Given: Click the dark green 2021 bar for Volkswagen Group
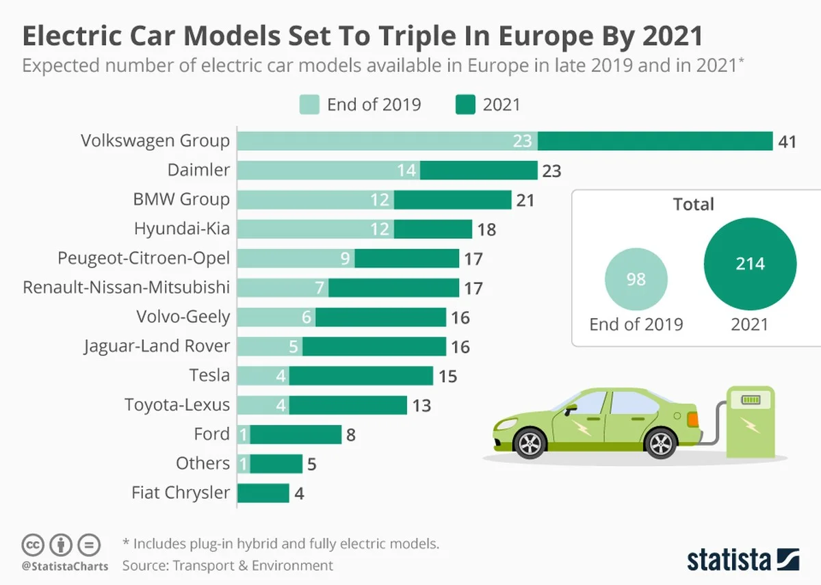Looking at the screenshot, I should (655, 141).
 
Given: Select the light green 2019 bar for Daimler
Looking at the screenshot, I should (328, 170).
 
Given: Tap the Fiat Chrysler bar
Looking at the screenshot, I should (263, 493).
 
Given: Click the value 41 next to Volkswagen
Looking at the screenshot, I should (786, 142).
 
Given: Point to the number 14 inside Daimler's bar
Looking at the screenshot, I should (406, 170).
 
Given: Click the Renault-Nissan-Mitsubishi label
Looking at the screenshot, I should (126, 287).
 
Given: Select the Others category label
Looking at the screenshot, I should (203, 463).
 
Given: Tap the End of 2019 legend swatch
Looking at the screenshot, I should (309, 105).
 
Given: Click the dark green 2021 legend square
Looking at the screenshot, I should (465, 105).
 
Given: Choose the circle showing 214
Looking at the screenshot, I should (750, 264).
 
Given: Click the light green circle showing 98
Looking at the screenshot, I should (636, 279).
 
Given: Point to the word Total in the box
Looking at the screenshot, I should (693, 205).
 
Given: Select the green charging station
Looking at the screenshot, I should (750, 421).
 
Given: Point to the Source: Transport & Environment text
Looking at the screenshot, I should (227, 565).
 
